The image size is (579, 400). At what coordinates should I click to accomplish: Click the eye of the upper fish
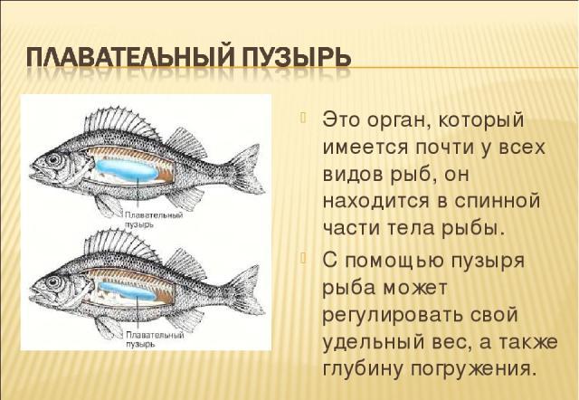point(53,159)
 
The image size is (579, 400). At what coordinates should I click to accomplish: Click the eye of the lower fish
point(53,282)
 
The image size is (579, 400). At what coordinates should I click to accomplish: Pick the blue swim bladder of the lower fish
point(127,290)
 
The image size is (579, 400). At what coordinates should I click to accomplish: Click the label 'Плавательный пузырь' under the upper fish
point(154,220)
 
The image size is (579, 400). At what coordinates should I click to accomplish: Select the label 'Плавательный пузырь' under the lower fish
point(155,339)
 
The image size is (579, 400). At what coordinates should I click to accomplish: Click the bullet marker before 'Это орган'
point(304,118)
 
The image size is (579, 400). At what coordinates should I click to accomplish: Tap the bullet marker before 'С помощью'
point(304,257)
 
